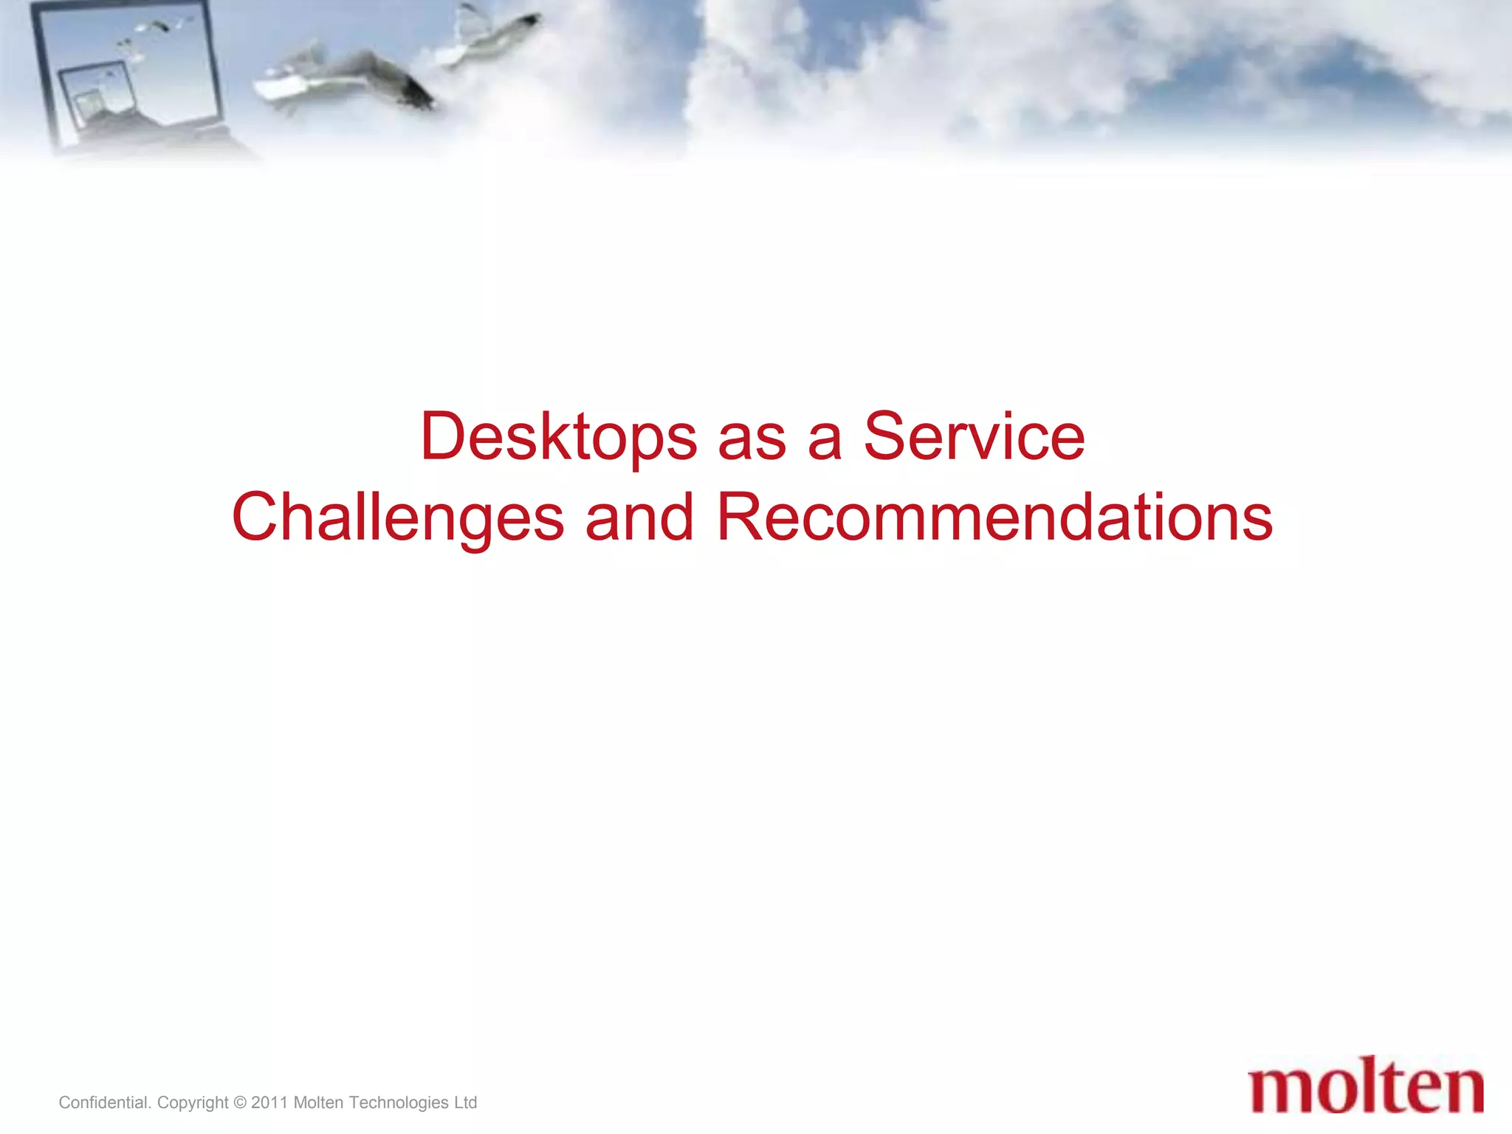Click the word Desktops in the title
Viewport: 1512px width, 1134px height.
[558, 437]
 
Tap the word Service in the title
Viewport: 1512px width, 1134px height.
[974, 437]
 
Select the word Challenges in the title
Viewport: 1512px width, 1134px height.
[398, 518]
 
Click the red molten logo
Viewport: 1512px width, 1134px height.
[1366, 1088]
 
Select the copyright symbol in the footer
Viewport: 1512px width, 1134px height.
[239, 1103]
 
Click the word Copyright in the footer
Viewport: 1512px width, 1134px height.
[193, 1102]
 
